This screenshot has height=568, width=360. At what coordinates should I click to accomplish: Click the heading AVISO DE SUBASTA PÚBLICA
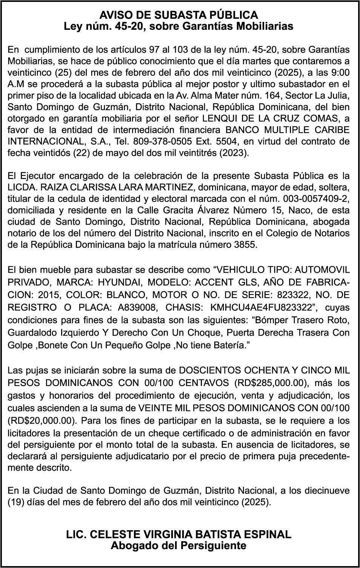tap(179, 15)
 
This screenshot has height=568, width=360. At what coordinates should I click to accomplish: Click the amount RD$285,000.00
tap(269, 383)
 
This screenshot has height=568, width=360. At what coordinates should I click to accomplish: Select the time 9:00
tap(340, 72)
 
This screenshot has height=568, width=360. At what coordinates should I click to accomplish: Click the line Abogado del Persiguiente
tap(179, 545)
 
